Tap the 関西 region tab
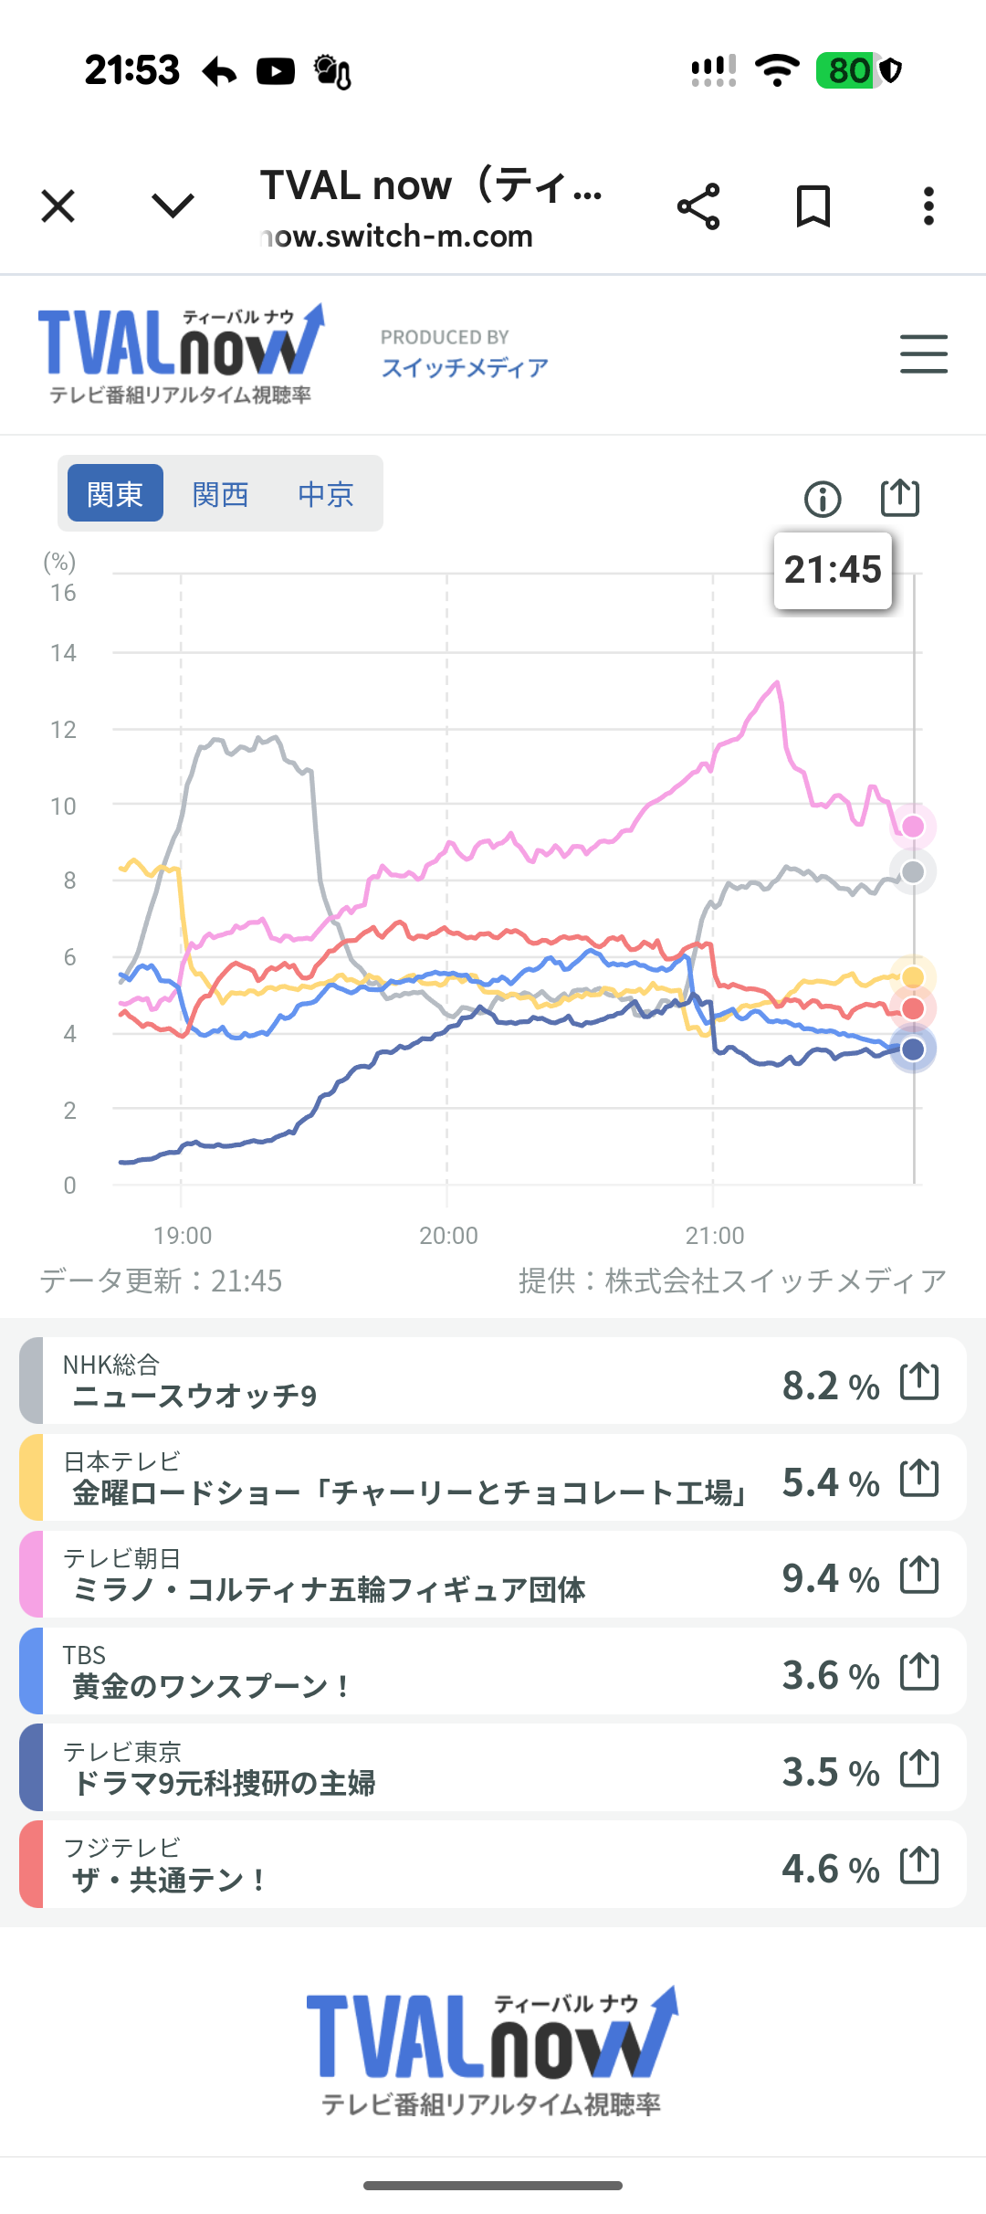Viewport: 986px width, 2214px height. (220, 494)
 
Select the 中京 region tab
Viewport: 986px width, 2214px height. (325, 494)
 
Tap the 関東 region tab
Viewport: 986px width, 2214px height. (115, 494)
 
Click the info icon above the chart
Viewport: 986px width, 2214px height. (823, 499)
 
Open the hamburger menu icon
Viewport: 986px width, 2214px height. (923, 354)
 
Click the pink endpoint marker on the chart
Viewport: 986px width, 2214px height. (913, 827)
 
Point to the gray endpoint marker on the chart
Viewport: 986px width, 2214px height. (913, 872)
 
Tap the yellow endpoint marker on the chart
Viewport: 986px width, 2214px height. (913, 977)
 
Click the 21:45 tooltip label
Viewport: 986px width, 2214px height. (833, 570)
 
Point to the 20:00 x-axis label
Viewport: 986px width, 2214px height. (448, 1236)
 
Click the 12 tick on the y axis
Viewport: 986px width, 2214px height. (63, 730)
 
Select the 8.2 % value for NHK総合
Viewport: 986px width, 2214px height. (830, 1386)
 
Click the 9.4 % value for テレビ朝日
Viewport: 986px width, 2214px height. (830, 1578)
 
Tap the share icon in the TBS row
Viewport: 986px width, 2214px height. (919, 1671)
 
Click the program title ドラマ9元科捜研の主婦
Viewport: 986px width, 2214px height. (225, 1783)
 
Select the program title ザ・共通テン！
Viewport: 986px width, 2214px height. (170, 1880)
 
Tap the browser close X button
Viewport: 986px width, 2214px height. (58, 206)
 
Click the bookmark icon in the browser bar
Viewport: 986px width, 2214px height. (813, 206)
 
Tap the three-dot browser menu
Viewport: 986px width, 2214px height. (928, 206)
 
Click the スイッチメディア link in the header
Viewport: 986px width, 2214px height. (465, 367)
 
